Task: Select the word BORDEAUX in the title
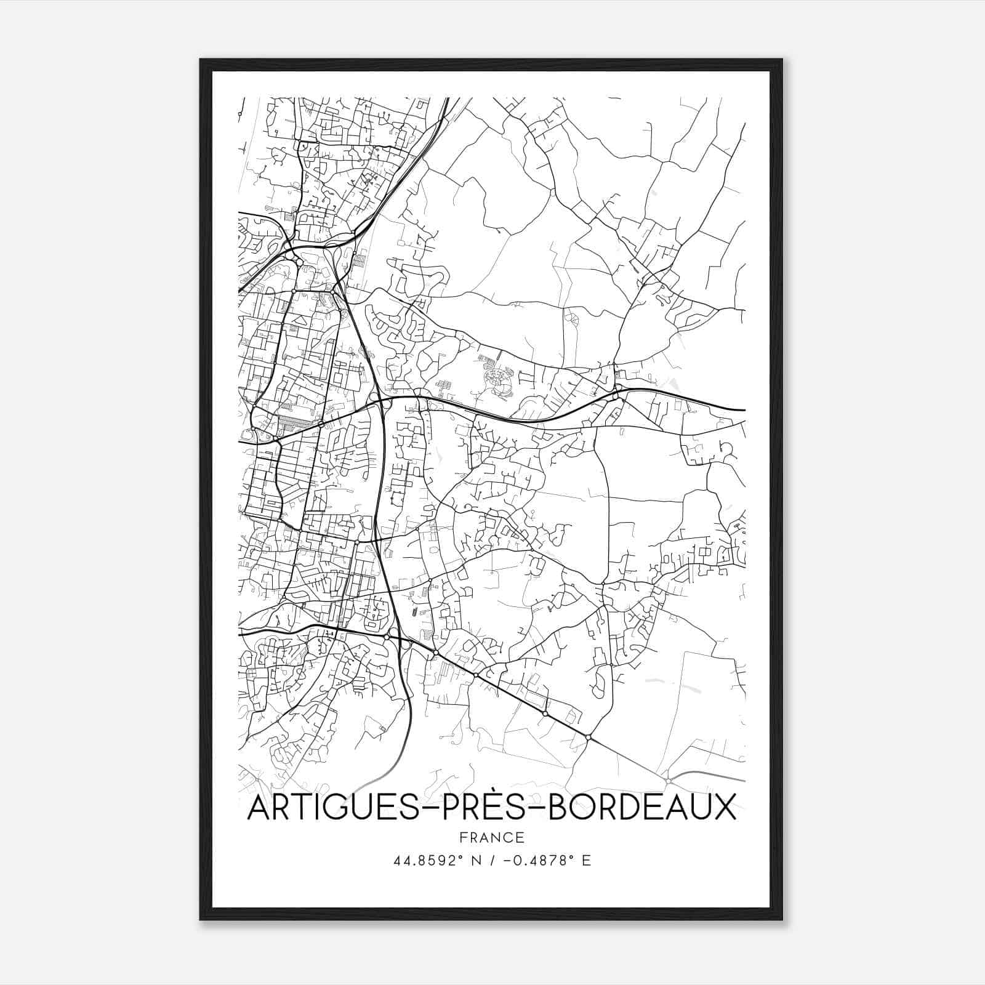tap(641, 808)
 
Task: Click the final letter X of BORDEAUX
tap(725, 808)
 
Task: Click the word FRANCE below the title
tap(491, 837)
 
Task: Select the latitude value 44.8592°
tap(428, 861)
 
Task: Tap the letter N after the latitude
tap(475, 861)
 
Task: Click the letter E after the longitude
tap(586, 861)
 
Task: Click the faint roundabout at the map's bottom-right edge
tap(668, 781)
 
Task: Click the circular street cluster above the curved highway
tap(498, 383)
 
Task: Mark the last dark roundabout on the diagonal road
tap(589, 737)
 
